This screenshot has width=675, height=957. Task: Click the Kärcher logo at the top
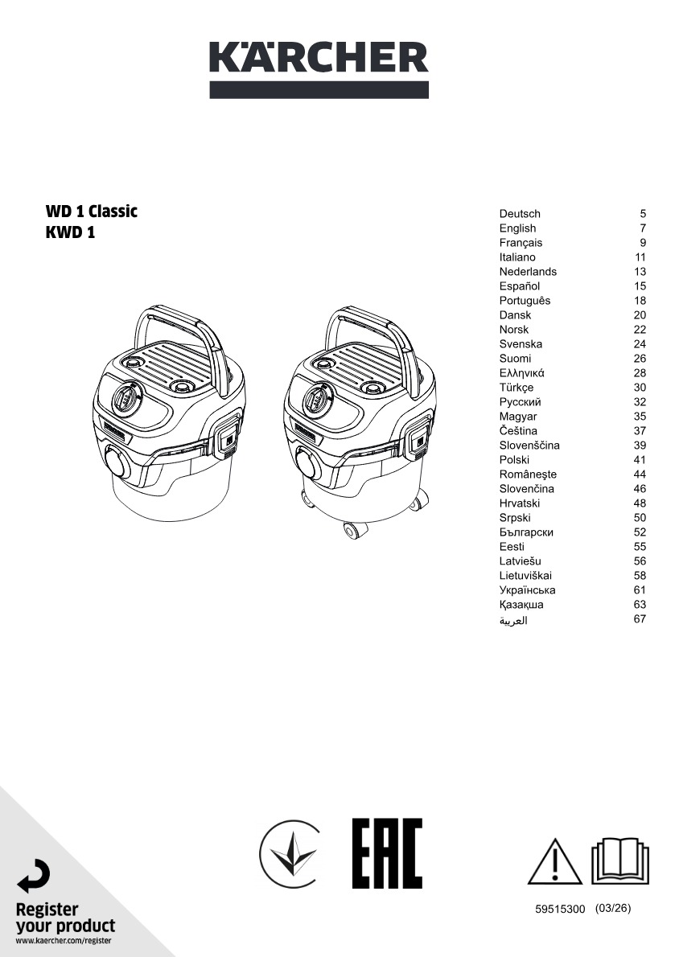tap(319, 70)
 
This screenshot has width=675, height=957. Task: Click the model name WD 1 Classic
tap(92, 212)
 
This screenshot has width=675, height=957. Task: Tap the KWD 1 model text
tap(70, 232)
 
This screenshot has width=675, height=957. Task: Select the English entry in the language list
tap(517, 228)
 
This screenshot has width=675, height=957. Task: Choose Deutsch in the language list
tap(520, 214)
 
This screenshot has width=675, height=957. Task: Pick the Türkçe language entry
tap(517, 388)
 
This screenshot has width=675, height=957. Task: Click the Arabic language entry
tap(513, 620)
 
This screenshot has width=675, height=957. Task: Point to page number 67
tap(640, 619)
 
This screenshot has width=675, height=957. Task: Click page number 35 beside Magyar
tap(640, 417)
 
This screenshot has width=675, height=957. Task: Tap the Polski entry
tap(514, 459)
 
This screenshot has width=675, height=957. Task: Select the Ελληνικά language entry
tap(522, 373)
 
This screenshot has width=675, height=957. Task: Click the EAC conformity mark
tap(388, 853)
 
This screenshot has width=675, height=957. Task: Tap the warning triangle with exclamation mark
tap(555, 861)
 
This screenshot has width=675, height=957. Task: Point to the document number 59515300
tap(560, 910)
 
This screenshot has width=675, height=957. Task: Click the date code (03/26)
tap(613, 908)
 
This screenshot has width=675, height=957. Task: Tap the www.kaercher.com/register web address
tap(64, 941)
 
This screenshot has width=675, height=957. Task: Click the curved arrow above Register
tap(34, 876)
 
